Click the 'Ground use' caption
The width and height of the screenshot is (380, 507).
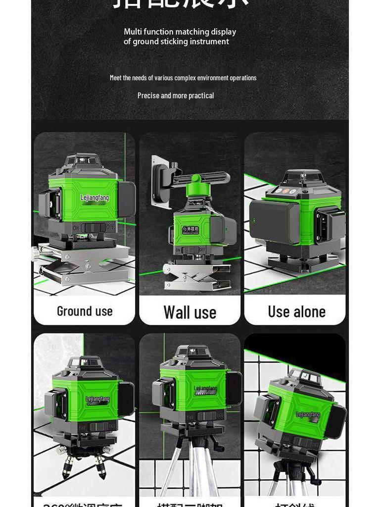(x=85, y=311)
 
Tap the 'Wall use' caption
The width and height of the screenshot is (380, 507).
(x=190, y=312)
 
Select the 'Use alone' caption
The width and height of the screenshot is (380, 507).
(x=296, y=311)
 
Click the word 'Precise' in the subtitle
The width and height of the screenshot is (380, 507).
(x=148, y=96)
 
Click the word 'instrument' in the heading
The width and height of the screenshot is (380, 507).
(x=210, y=42)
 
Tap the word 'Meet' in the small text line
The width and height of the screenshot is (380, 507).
(x=115, y=78)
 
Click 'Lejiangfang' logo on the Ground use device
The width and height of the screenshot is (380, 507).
(x=95, y=198)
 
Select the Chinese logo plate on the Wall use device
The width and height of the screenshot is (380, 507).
(x=190, y=230)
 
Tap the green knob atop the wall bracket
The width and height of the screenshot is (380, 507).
(x=196, y=179)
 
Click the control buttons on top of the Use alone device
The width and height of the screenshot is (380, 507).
(x=285, y=191)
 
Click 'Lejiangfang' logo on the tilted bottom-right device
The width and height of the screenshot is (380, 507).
(x=308, y=415)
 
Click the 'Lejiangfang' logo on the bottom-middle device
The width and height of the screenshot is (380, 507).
(x=205, y=389)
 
